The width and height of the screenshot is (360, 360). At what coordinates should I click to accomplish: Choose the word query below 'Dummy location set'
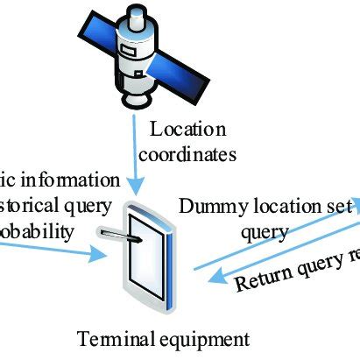264,233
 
